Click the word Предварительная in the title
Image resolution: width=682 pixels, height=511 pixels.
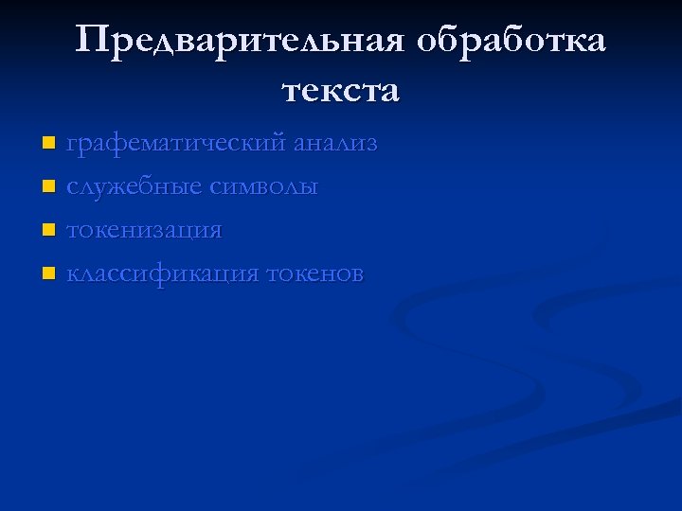(242, 42)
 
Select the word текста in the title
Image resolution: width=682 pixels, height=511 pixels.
(341, 91)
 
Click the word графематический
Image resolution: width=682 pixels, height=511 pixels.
(175, 145)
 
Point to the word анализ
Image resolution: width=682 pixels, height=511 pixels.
(335, 144)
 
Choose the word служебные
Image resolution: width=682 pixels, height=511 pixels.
(134, 187)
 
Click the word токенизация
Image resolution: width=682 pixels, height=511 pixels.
(144, 231)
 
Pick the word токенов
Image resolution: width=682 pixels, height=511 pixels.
(314, 274)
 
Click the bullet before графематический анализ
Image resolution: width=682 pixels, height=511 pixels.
(49, 145)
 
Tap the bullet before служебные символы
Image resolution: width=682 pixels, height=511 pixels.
(49, 187)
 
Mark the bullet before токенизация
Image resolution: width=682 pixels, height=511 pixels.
(49, 231)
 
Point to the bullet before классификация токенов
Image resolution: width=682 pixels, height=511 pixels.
(49, 274)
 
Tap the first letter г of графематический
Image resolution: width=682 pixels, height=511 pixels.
(71, 145)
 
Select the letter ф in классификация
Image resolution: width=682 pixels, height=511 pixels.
(151, 275)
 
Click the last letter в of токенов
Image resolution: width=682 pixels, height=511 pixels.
(356, 274)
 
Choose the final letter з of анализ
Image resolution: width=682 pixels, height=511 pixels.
(371, 145)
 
